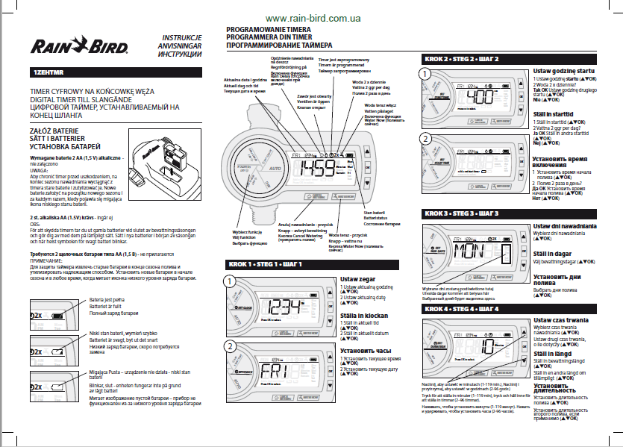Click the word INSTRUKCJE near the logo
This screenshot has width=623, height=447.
point(181,38)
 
